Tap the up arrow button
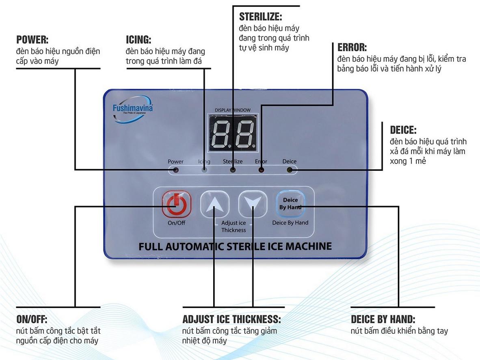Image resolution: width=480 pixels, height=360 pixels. (x=214, y=204)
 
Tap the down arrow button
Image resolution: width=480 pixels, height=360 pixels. (x=253, y=204)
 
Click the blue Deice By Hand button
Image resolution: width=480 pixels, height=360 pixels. (x=290, y=204)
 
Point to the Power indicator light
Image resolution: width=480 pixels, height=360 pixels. (x=176, y=170)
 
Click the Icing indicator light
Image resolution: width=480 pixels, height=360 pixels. (x=204, y=170)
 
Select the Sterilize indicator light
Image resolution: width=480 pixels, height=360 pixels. (x=233, y=170)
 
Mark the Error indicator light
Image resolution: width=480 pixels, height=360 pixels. (x=261, y=170)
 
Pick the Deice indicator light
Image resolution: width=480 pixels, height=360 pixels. (x=289, y=170)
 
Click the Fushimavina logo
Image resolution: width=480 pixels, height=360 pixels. (x=132, y=109)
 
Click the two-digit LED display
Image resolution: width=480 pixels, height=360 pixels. (x=233, y=133)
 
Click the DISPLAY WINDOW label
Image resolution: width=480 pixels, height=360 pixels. (x=233, y=110)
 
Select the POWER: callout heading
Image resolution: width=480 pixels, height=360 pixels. (x=32, y=40)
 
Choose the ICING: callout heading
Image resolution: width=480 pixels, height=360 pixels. (x=138, y=40)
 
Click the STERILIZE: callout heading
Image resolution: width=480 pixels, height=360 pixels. (x=261, y=17)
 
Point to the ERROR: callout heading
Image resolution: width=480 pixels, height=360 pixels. (x=352, y=47)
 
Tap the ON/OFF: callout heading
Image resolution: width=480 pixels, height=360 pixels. (x=32, y=319)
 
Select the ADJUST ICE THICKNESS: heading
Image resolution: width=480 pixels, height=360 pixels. (x=232, y=319)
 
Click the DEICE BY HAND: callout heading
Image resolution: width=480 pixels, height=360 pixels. (x=383, y=319)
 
